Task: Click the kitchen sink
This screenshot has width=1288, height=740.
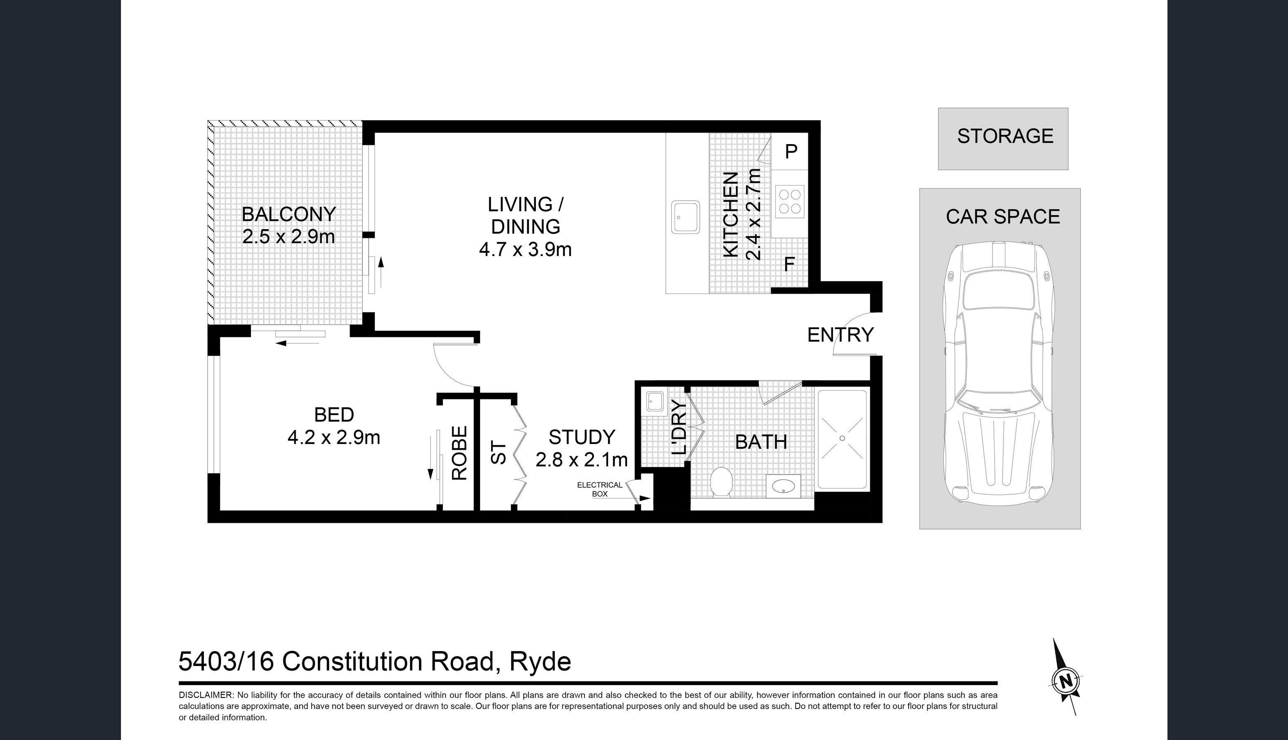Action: pyautogui.click(x=685, y=217)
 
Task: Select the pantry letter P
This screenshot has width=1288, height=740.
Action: pyautogui.click(x=791, y=152)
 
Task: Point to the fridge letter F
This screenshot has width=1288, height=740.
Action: pyautogui.click(x=789, y=264)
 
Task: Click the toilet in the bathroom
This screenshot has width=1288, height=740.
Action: pyautogui.click(x=721, y=482)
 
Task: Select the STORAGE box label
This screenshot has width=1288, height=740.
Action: pyautogui.click(x=1005, y=136)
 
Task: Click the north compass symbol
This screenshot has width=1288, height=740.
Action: pyautogui.click(x=1065, y=679)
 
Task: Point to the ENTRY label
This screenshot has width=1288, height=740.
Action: pyautogui.click(x=841, y=335)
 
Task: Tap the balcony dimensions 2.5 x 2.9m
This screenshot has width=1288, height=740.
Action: pyautogui.click(x=288, y=237)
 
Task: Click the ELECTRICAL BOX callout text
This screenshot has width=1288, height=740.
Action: pyautogui.click(x=599, y=489)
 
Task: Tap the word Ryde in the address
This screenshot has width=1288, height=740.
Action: pyautogui.click(x=540, y=662)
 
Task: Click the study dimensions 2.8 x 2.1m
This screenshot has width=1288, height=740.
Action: pyautogui.click(x=582, y=460)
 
